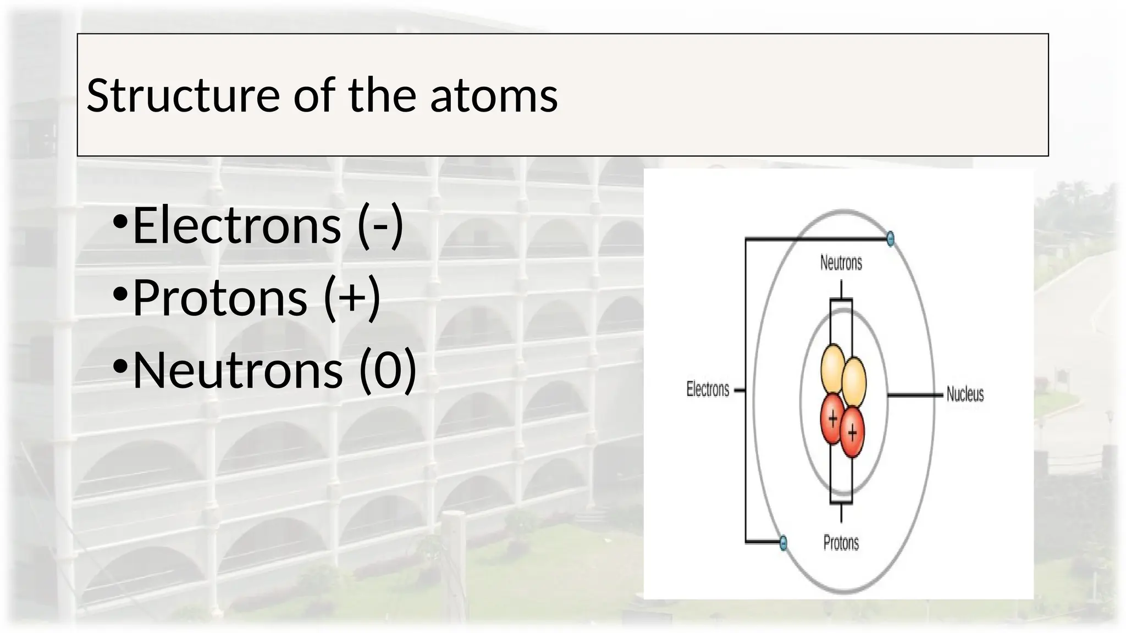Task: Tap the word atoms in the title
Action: pyautogui.click(x=493, y=96)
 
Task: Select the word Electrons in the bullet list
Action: pyautogui.click(x=236, y=225)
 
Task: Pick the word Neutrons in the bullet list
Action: pyautogui.click(x=238, y=370)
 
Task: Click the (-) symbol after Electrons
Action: pyautogui.click(x=380, y=225)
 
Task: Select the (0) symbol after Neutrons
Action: pyautogui.click(x=388, y=370)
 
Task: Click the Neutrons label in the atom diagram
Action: pyautogui.click(x=841, y=263)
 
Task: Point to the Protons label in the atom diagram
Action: pyautogui.click(x=841, y=543)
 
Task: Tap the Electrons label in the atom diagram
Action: pyautogui.click(x=708, y=390)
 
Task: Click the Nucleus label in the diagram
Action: pyautogui.click(x=965, y=394)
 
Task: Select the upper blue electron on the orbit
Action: pyautogui.click(x=891, y=238)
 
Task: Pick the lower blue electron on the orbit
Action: pyautogui.click(x=783, y=543)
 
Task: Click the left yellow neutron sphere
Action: pyautogui.click(x=832, y=364)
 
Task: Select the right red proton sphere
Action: pyautogui.click(x=852, y=433)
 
